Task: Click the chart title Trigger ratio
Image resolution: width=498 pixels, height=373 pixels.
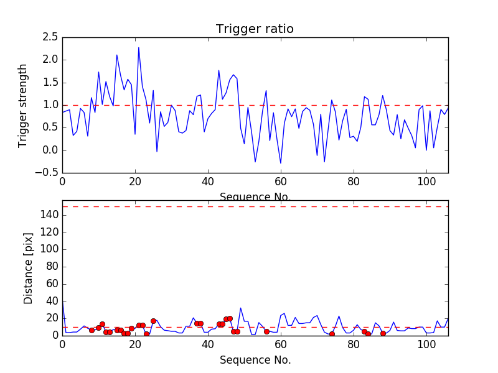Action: coord(255,29)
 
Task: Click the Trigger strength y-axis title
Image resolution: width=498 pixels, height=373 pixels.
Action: coord(23,105)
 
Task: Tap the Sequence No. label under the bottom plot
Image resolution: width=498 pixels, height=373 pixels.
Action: coord(255,360)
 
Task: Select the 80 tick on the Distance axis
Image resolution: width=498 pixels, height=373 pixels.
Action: coord(51,267)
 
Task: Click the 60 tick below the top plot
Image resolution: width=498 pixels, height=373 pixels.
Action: coord(281,182)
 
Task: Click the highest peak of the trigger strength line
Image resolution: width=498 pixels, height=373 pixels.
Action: coord(139,48)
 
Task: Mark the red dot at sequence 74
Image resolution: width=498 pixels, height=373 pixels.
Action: coord(332,334)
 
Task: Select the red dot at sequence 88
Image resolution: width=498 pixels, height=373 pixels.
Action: coord(383,333)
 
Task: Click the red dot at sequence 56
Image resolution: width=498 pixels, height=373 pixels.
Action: coord(266,331)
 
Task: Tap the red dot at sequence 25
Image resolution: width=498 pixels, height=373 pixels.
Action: coord(153,321)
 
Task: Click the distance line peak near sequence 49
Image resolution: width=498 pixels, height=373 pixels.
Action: coord(241,308)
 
